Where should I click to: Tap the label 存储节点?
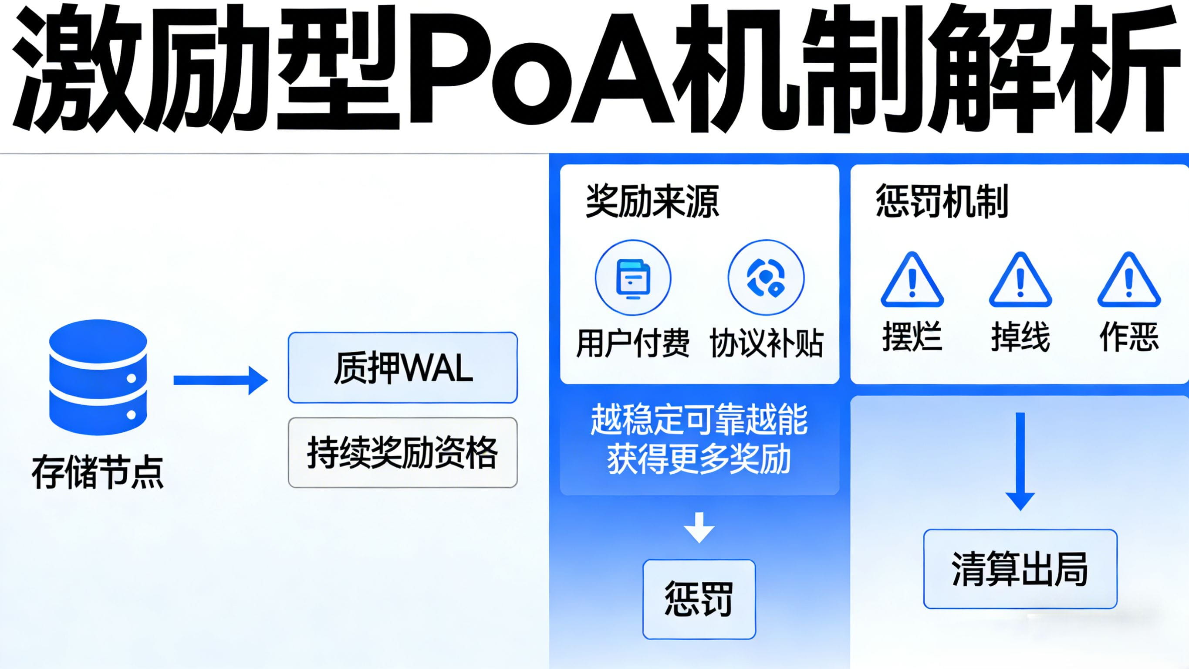click(98, 472)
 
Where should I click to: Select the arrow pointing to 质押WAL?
click(220, 380)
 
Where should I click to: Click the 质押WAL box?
click(402, 368)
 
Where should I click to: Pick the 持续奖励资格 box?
click(402, 453)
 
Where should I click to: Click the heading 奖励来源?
click(652, 201)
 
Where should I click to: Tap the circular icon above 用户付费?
click(633, 277)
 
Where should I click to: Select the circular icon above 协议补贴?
click(766, 277)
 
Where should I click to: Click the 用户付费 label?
click(633, 343)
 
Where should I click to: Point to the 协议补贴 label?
click(766, 343)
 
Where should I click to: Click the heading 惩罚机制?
click(942, 201)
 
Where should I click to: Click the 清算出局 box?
click(1020, 569)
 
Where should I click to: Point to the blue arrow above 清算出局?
click(1020, 462)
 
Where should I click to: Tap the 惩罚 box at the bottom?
click(699, 599)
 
